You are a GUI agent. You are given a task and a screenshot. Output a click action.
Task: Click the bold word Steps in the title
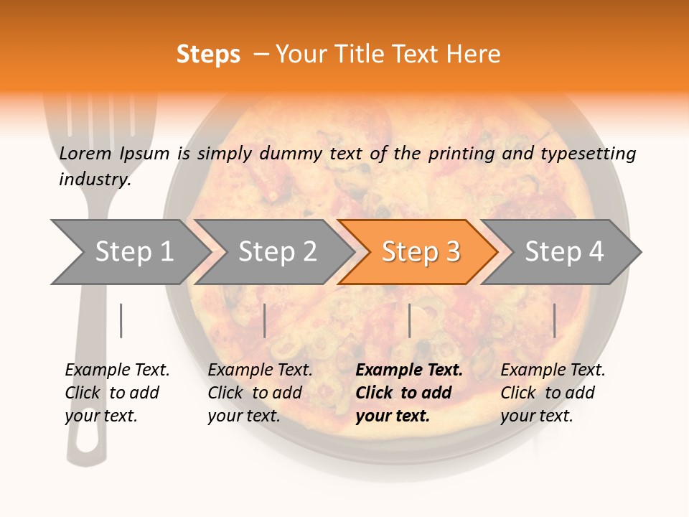(208, 55)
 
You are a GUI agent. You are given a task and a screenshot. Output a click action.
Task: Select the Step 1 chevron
(129, 252)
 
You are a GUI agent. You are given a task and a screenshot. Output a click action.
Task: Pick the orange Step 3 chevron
(420, 252)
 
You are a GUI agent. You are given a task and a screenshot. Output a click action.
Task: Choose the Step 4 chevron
(563, 252)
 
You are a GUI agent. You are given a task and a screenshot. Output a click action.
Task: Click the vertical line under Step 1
(121, 320)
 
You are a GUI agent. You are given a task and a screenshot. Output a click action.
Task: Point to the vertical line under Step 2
(265, 320)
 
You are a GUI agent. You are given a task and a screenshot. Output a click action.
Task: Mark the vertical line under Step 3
(409, 320)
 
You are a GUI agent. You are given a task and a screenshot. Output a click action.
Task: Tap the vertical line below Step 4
(554, 320)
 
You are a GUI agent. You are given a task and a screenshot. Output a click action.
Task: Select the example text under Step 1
(116, 393)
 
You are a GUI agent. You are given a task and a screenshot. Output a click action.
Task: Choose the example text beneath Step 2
(259, 393)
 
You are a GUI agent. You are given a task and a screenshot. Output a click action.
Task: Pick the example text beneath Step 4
(552, 393)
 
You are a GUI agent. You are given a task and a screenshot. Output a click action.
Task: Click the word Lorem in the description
(85, 153)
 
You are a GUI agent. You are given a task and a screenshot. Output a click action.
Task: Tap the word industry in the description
(94, 180)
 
